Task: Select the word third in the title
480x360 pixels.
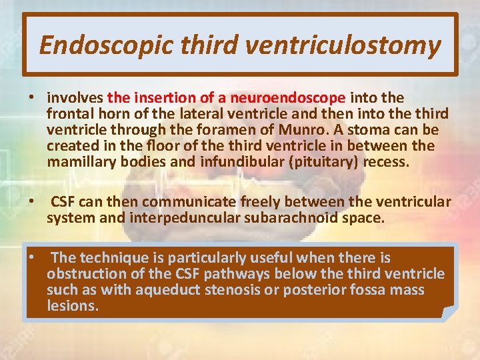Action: (209, 45)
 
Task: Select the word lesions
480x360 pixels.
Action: (71, 305)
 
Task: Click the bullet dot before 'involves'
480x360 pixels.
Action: (32, 98)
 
